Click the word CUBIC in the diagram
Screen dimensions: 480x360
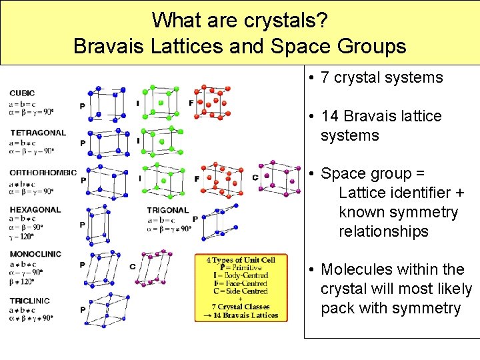click(23, 93)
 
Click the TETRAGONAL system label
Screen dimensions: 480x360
click(37, 133)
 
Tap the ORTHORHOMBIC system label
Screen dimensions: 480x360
click(43, 173)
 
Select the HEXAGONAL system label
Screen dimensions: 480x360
click(35, 209)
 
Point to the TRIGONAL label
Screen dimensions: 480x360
click(168, 211)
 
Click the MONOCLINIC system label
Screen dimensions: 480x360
click(35, 254)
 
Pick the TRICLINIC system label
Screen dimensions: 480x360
click(29, 301)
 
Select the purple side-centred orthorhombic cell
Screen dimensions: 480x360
click(279, 177)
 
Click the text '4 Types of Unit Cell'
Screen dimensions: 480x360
click(241, 259)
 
